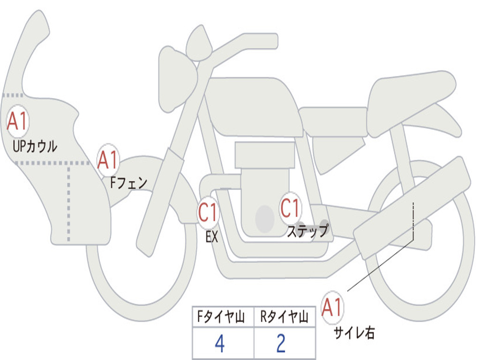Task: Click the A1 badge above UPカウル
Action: [18, 121]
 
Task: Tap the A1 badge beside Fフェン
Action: [108, 160]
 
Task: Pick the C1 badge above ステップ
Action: [290, 209]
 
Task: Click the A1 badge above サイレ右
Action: [332, 307]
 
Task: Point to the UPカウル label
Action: [35, 147]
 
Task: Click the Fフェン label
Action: [128, 183]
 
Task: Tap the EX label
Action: [212, 237]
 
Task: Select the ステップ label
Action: [307, 231]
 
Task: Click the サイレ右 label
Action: [354, 333]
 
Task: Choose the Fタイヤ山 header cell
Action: [223, 317]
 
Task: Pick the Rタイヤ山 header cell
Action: [285, 317]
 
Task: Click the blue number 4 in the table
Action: [220, 344]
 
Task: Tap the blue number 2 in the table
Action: [281, 344]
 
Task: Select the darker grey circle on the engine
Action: [265, 218]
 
